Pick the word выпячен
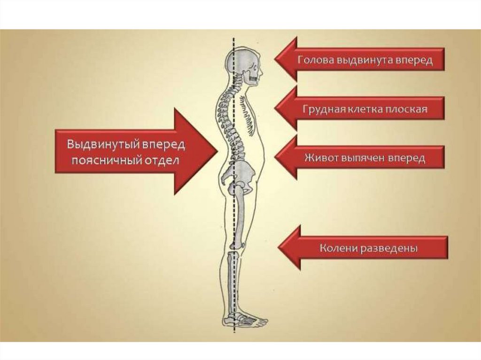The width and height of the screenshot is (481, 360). coord(363,158)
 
